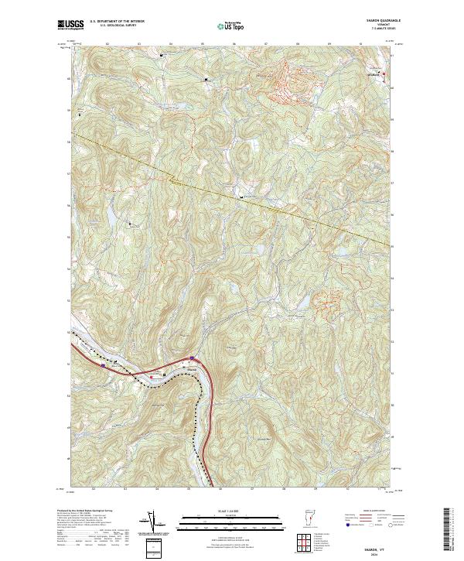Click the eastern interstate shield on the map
[x=191, y=357]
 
